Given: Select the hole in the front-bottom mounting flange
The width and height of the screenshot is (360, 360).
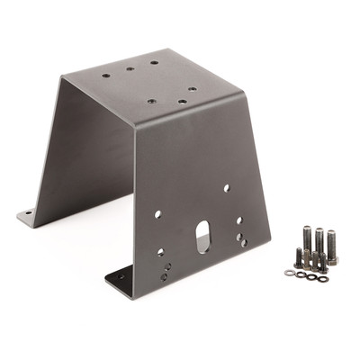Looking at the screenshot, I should [x=121, y=279].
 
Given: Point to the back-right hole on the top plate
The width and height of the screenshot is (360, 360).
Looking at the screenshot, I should [x=155, y=63].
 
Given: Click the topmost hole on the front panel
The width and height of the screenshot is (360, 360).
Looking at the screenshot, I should [x=225, y=188].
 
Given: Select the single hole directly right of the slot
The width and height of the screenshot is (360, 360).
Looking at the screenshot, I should [x=238, y=219].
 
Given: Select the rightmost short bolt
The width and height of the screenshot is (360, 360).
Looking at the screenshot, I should [x=321, y=263].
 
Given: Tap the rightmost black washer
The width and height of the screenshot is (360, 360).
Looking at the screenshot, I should [x=323, y=278].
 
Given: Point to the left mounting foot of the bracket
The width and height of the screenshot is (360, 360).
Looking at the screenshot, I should [x=31, y=214].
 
